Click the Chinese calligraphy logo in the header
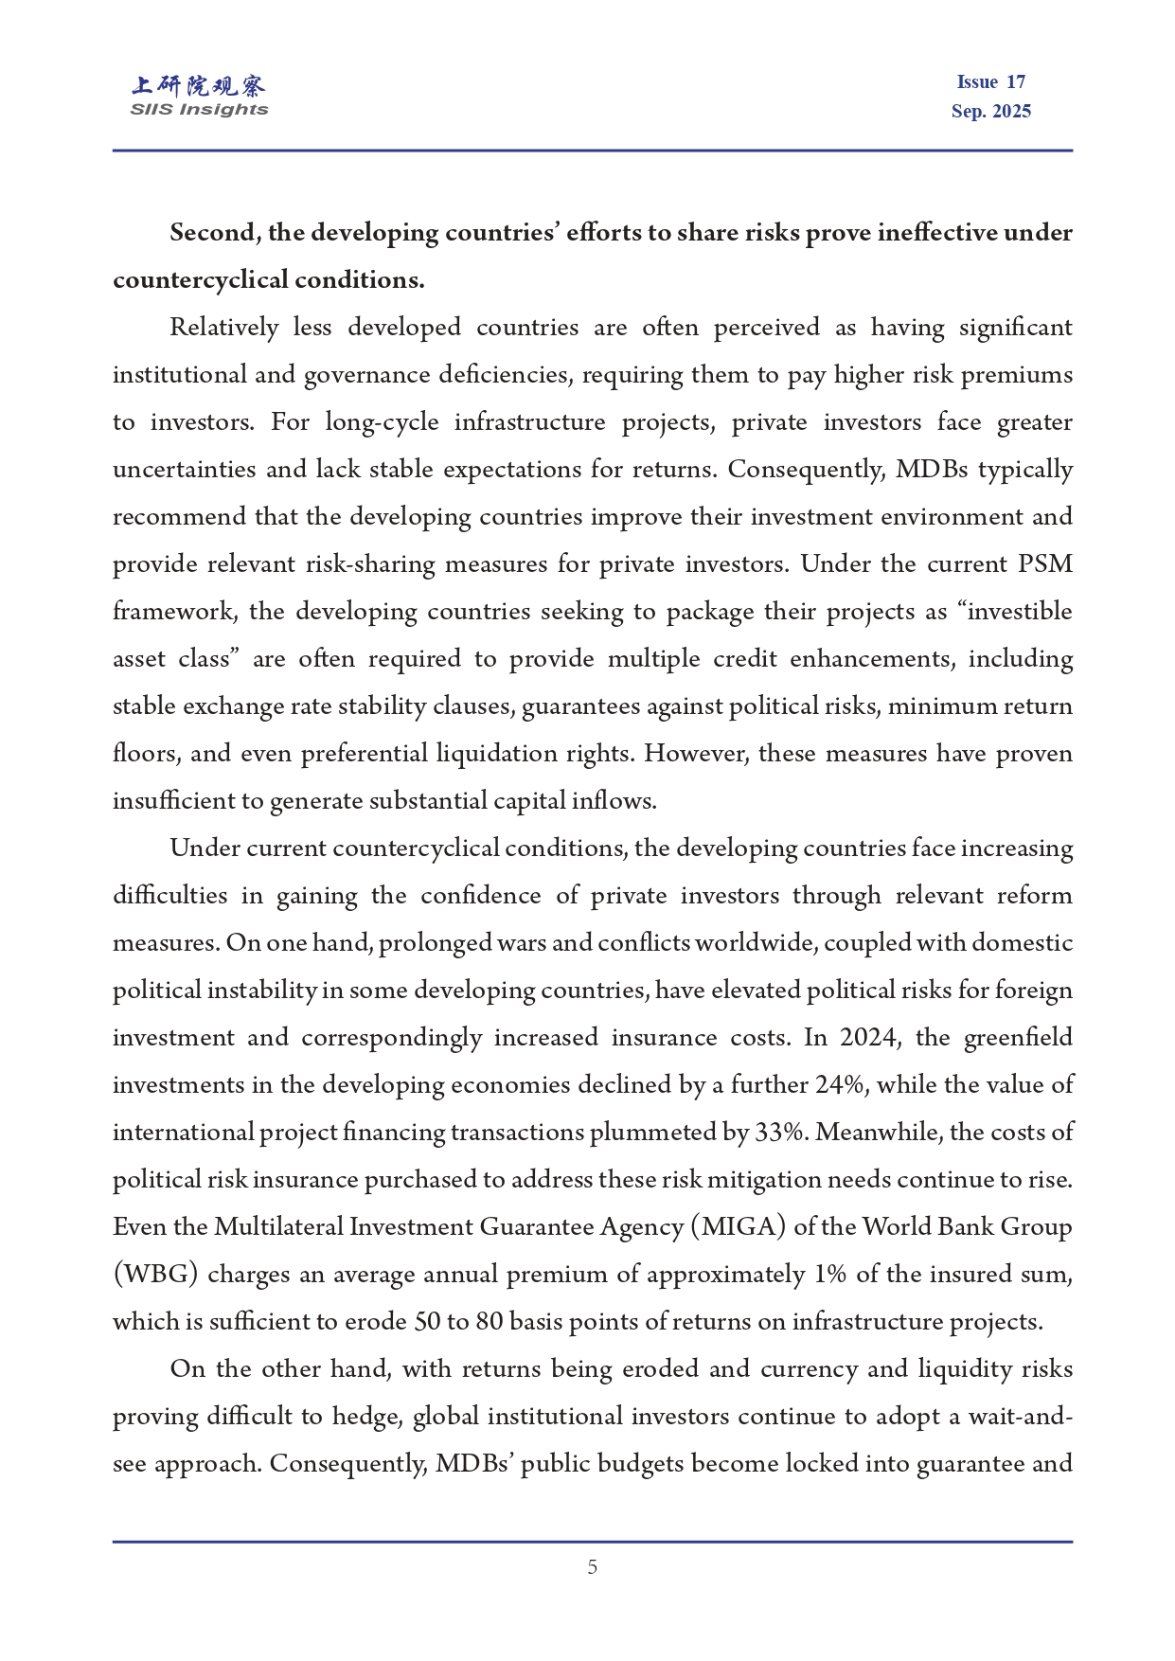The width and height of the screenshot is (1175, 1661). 199,86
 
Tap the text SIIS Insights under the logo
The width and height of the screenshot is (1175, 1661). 199,110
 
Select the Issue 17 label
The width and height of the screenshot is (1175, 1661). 990,82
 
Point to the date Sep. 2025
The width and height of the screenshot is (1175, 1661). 990,112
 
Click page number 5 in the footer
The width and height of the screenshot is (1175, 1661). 593,1567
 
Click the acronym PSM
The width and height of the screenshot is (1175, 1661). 1045,564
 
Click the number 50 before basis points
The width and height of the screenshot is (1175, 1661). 428,1322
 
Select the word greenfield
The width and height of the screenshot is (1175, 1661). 1018,1038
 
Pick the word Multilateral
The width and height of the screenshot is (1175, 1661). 278,1227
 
